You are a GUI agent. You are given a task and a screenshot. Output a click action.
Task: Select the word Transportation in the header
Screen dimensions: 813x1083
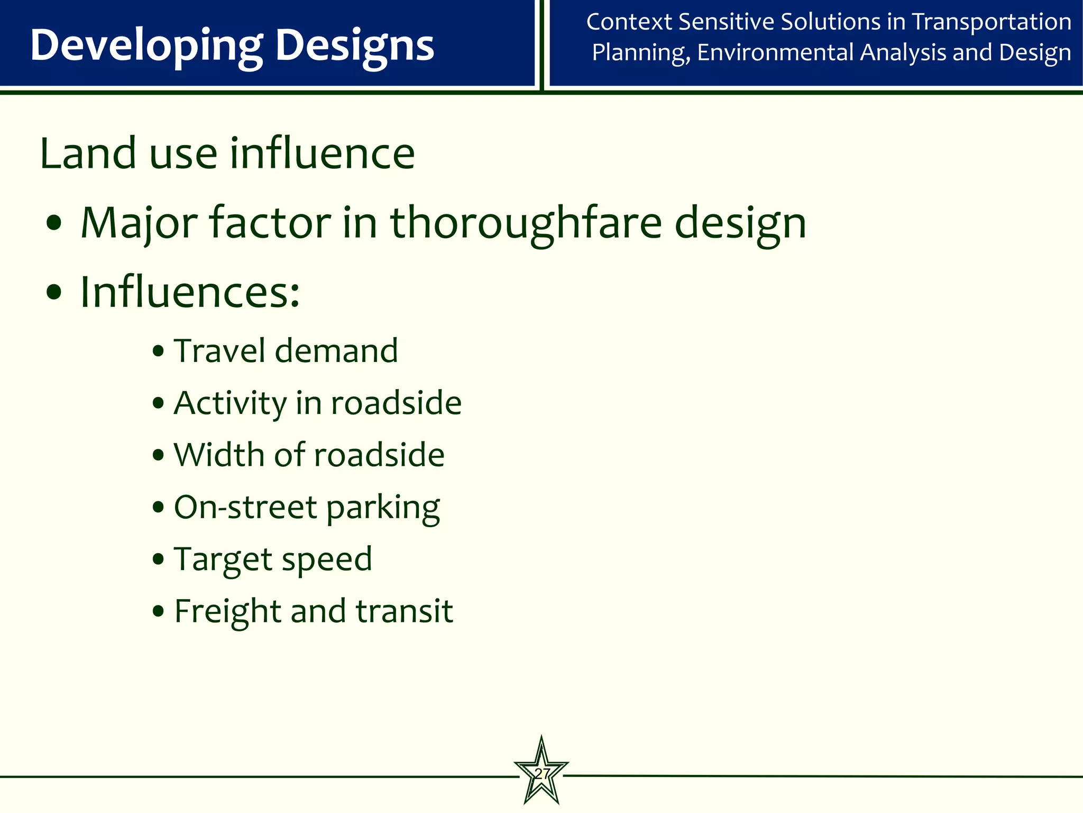992,22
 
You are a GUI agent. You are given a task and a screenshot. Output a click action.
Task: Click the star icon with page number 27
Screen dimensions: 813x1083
541,772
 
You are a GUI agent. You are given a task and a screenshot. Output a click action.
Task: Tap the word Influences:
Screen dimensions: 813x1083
189,292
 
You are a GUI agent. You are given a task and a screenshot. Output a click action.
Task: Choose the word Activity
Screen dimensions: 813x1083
230,403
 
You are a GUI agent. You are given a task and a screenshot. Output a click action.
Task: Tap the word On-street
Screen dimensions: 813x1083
245,507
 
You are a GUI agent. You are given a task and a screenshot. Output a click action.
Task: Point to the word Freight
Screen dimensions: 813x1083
227,611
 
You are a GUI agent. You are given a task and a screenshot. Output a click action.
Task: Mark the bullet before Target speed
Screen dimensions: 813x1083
158,559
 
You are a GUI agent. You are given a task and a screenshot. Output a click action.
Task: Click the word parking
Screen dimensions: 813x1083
383,508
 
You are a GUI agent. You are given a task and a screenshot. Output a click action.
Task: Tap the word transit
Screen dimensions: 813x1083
404,611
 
